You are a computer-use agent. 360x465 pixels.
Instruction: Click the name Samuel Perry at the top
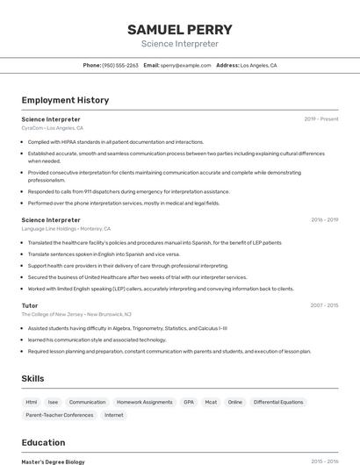point(179,29)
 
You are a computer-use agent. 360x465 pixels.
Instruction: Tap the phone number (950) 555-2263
point(120,65)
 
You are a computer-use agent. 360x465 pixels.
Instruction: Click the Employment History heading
point(65,100)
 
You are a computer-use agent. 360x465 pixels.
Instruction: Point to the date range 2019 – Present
point(321,118)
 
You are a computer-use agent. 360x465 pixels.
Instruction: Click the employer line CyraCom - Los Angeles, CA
point(52,128)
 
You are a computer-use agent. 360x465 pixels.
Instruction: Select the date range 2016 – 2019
point(324,220)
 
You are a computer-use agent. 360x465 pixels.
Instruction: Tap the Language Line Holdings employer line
point(66,229)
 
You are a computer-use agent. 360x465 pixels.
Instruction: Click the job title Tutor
point(30,305)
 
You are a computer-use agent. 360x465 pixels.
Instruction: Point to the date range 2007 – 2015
point(324,305)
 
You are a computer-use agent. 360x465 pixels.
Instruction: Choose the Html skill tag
point(32,402)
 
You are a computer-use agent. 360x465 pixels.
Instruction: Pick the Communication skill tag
point(87,402)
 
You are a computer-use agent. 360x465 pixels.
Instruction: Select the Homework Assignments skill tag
point(145,402)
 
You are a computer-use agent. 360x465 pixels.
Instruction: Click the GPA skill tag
point(189,402)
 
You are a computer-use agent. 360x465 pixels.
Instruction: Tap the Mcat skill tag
point(211,402)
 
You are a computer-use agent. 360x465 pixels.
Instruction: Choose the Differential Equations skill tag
point(277,402)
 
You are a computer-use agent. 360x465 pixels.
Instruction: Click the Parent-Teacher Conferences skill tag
point(60,415)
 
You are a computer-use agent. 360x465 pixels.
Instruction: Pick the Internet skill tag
point(114,415)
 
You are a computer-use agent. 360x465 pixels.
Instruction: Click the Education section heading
point(43,442)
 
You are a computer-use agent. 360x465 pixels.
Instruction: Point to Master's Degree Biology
point(53,461)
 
